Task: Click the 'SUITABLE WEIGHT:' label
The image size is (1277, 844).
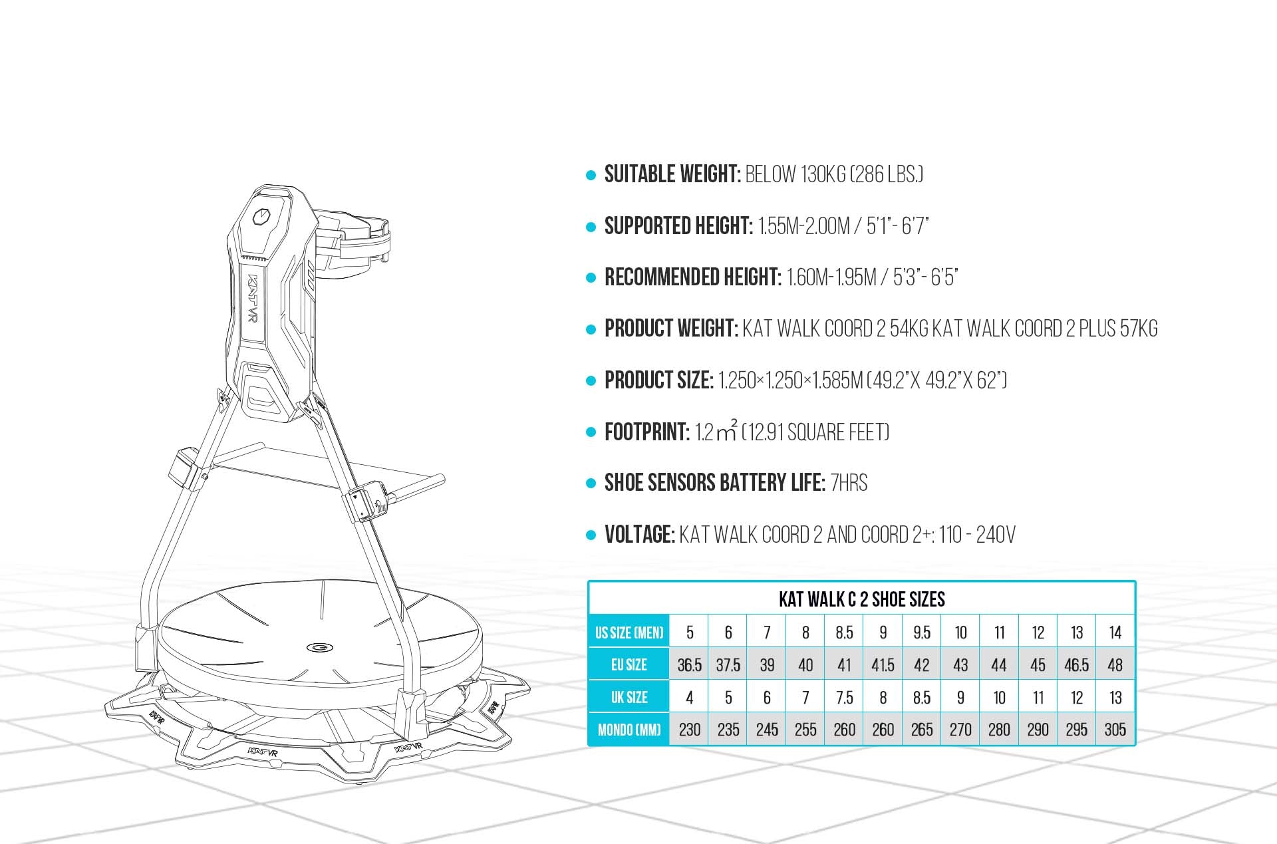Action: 672,175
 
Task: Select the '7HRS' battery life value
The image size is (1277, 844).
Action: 849,483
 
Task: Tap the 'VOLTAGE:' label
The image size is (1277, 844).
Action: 639,535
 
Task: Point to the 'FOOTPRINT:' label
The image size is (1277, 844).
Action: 646,432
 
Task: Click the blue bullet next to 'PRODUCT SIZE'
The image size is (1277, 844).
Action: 591,381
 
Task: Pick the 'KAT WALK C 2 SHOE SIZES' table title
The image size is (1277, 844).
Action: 861,599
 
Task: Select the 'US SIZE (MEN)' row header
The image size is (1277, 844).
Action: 629,633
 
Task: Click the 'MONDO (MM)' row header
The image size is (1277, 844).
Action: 629,730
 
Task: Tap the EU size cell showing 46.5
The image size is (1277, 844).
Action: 1076,665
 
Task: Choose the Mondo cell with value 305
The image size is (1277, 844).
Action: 1115,730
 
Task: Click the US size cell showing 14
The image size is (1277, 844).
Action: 1115,633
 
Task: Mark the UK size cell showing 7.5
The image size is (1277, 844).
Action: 844,698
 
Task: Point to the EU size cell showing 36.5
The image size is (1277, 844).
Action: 689,665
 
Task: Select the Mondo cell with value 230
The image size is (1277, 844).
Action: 689,730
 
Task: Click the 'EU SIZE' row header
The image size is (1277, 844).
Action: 629,665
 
